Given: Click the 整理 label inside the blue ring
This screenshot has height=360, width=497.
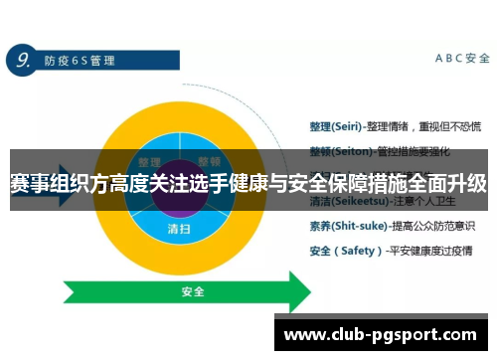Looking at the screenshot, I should pyautogui.click(x=150, y=162).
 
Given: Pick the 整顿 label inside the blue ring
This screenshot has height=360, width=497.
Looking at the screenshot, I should pyautogui.click(x=209, y=162).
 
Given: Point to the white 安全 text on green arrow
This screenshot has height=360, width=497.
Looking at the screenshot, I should pyautogui.click(x=193, y=292).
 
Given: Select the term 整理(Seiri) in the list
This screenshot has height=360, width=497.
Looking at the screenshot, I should pyautogui.click(x=332, y=126).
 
